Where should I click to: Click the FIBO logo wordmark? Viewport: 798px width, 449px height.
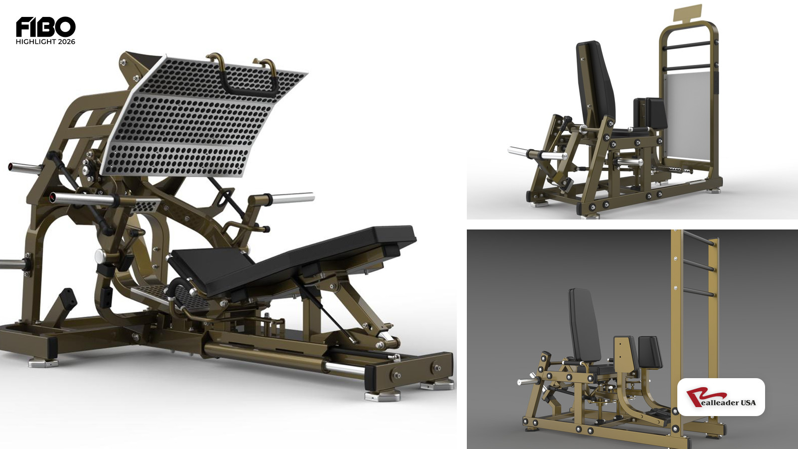[45, 27]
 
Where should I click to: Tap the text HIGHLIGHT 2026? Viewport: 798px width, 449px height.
[45, 42]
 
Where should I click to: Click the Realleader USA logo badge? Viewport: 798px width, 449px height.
[721, 397]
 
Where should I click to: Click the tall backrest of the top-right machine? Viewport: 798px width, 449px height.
[596, 85]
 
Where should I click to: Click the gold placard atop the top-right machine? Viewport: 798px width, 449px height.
[688, 13]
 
